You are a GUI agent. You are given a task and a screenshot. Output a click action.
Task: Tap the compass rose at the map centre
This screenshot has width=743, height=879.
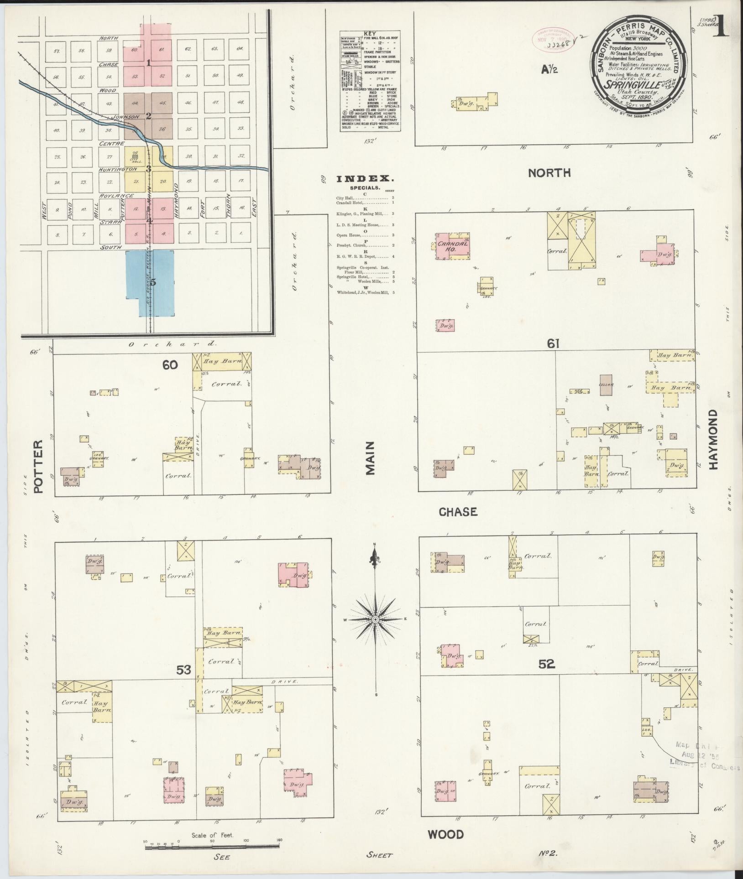[x=375, y=619]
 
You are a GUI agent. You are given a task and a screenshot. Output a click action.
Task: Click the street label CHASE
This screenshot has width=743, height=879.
[x=458, y=512]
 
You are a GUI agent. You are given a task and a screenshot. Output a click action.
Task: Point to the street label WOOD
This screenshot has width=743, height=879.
[x=445, y=835]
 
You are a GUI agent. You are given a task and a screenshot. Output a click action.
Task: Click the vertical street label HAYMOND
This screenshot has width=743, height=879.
[x=713, y=439]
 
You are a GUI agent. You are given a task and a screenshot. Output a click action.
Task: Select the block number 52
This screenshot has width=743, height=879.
[x=546, y=664]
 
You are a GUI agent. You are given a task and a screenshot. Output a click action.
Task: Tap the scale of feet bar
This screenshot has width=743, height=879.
[x=212, y=847]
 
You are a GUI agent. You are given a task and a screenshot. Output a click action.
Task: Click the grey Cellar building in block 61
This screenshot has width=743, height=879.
[x=606, y=385]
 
